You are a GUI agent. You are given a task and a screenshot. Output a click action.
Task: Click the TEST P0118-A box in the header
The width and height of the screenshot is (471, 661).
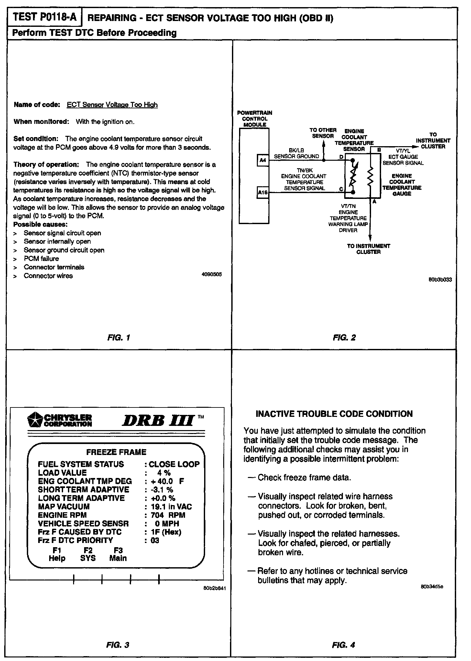coord(45,17)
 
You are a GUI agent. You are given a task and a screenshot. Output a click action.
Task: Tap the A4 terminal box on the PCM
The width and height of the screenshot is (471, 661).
coord(263,160)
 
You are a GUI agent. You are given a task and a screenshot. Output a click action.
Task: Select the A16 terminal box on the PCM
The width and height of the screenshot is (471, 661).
coord(263,192)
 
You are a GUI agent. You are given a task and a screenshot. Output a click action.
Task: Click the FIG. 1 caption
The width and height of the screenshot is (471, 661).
coord(118,338)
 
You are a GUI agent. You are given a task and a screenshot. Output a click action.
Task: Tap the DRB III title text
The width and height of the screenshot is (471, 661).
coord(158,420)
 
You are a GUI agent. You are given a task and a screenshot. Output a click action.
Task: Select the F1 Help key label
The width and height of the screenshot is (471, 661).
coord(57,554)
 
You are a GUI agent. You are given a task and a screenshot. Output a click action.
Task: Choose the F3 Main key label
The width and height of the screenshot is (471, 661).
coord(118,554)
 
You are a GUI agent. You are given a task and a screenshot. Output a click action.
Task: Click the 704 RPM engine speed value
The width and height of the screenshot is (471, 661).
coord(168,515)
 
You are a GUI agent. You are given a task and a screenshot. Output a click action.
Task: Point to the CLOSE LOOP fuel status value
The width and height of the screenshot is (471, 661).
coord(174,464)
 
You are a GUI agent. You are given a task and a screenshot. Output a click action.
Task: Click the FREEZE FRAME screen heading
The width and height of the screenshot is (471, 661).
coord(116,452)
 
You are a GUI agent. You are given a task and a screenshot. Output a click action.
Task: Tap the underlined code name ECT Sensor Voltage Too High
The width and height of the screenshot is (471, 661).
coord(112,105)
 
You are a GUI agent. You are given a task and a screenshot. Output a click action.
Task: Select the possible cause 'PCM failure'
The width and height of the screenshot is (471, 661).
coord(41,259)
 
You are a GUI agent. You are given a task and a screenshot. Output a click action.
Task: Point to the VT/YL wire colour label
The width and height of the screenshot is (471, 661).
coord(403,151)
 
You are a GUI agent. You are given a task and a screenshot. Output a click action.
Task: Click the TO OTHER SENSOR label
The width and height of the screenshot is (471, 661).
coord(323,133)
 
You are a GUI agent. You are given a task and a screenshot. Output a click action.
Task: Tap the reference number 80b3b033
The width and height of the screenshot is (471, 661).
coord(440,279)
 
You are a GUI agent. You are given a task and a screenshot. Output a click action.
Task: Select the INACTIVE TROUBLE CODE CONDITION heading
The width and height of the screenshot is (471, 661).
coord(334,414)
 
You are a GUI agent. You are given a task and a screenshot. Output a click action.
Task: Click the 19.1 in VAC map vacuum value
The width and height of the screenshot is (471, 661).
coord(171,507)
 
